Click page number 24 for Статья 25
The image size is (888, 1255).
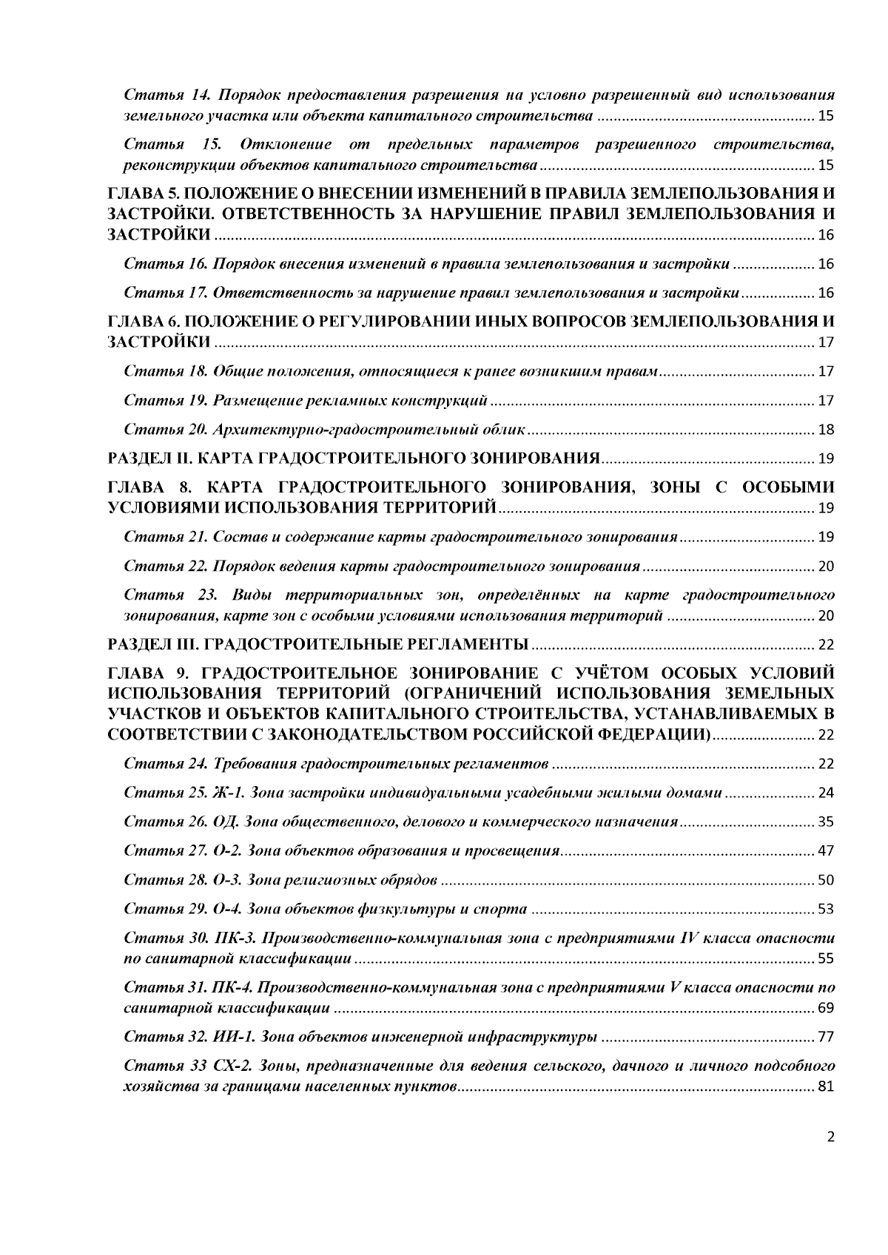tap(826, 794)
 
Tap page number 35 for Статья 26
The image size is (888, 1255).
tap(826, 822)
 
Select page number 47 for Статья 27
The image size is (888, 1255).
tap(826, 851)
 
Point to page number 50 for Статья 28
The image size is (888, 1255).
tap(826, 880)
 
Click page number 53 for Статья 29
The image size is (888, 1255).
tap(826, 909)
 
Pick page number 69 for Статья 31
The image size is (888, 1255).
tap(826, 1009)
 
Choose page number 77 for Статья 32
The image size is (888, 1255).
tap(826, 1038)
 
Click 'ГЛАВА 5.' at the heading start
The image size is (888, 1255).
tap(142, 194)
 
